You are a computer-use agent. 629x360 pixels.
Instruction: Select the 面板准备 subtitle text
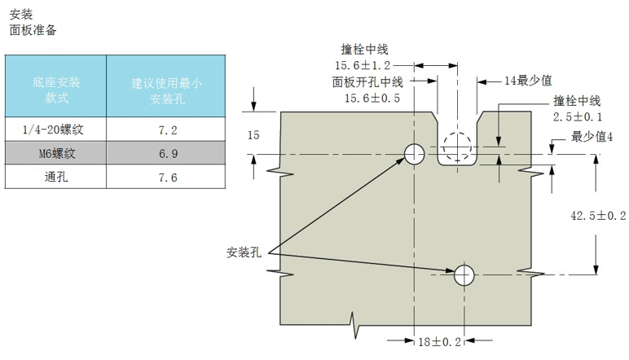point(33,30)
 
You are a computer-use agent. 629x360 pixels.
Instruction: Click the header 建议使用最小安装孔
point(168,90)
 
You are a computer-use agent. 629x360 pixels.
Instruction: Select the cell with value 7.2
point(168,130)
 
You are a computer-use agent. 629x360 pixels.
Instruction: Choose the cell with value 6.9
point(168,152)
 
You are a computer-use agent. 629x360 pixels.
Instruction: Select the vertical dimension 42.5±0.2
point(597,215)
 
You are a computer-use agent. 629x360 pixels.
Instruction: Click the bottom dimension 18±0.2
point(440,343)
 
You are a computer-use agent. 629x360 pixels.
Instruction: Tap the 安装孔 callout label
point(243,251)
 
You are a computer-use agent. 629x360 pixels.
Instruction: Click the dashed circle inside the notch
point(457,147)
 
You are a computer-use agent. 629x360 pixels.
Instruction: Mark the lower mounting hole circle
point(465,274)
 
